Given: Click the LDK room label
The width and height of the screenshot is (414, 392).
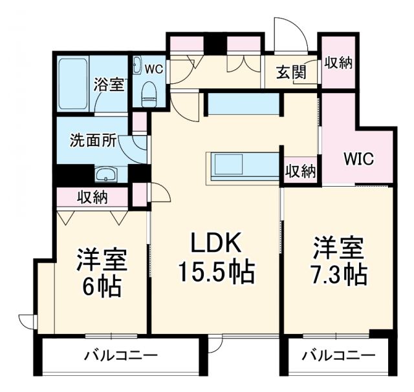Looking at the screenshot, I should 215,244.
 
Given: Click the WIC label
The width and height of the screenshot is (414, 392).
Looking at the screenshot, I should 358,160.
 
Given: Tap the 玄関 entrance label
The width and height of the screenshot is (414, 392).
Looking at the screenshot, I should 292,72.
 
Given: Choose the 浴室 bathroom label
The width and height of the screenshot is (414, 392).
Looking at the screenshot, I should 108,84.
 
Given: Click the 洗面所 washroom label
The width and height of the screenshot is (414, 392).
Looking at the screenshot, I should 93,140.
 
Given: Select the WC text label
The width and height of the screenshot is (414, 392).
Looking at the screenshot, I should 153,67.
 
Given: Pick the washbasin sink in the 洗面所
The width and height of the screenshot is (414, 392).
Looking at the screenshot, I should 105,174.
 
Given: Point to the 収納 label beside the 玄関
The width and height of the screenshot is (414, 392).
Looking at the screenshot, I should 338,63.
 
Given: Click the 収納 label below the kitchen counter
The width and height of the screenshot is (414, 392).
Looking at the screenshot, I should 301,172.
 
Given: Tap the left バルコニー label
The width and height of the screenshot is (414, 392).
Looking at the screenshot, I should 121,355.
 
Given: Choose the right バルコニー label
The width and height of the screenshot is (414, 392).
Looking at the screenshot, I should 338,355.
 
